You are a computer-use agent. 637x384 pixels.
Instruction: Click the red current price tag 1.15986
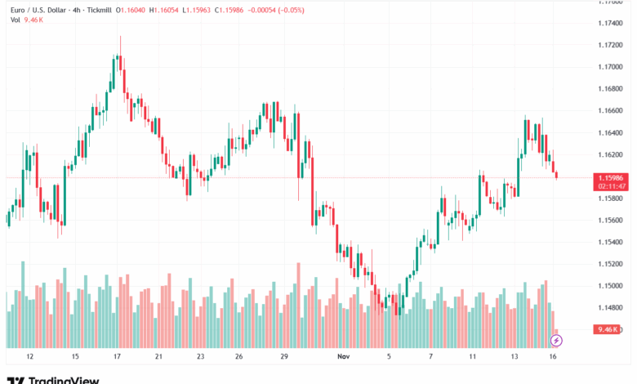pyautogui.click(x=611, y=177)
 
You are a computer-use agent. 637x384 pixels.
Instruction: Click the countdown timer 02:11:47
pyautogui.click(x=611, y=186)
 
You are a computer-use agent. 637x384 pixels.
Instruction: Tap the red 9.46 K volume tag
pyautogui.click(x=608, y=329)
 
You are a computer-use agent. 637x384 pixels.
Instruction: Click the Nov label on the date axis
pyautogui.click(x=343, y=356)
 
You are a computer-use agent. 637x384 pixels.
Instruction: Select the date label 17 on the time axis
pyautogui.click(x=118, y=356)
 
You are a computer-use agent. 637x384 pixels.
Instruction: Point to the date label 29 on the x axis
pyautogui.click(x=284, y=356)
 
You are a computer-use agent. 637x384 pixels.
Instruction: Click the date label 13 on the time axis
pyautogui.click(x=515, y=356)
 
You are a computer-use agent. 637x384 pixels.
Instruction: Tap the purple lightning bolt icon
pyautogui.click(x=557, y=340)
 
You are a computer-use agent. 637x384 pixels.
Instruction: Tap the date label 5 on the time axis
pyautogui.click(x=389, y=356)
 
